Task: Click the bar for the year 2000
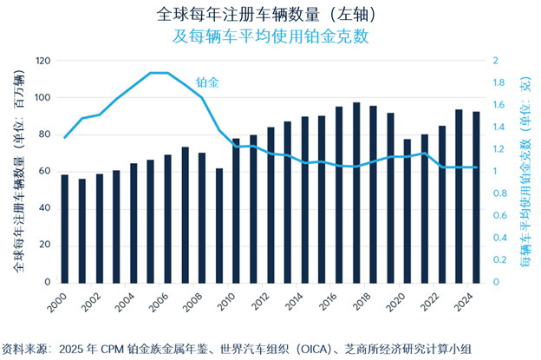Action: coord(64,229)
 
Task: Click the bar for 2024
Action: coord(476,197)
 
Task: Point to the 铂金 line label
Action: coord(207,82)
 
